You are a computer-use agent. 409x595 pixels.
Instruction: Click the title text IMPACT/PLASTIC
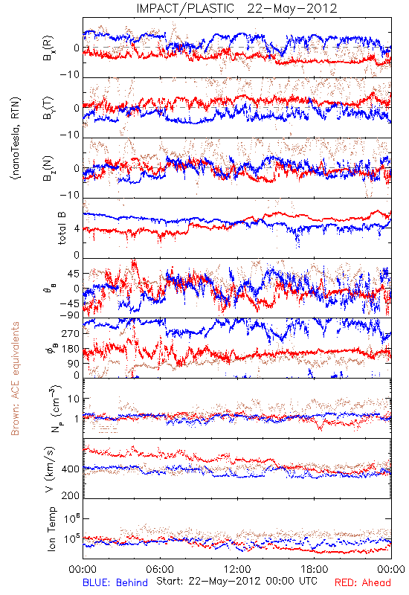(x=185, y=8)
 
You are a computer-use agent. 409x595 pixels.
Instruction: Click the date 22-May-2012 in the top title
(x=292, y=8)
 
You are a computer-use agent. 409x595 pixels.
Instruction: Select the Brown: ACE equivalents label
(x=15, y=379)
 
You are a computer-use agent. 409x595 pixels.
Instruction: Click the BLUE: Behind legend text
(x=115, y=582)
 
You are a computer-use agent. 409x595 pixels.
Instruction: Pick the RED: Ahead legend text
(x=362, y=582)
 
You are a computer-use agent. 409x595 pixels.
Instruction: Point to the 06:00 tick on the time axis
(x=160, y=569)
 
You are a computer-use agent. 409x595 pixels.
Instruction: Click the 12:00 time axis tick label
(x=237, y=569)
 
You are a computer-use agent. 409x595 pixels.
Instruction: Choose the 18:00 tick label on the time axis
(x=315, y=569)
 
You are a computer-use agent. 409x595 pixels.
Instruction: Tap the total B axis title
(x=62, y=228)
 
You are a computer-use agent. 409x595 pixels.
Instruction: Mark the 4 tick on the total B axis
(x=77, y=229)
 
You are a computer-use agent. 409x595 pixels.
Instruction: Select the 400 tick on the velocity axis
(x=71, y=469)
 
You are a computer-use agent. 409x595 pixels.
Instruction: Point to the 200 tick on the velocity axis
(x=71, y=495)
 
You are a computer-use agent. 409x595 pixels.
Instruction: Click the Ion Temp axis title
(x=51, y=529)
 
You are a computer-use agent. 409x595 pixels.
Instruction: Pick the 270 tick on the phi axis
(x=71, y=333)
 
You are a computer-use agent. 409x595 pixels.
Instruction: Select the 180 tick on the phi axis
(x=71, y=349)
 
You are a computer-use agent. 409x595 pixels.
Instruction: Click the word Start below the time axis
(x=169, y=581)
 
